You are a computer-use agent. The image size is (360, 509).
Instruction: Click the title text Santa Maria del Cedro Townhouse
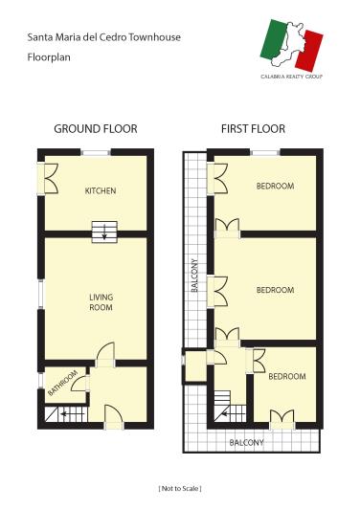[x=103, y=37]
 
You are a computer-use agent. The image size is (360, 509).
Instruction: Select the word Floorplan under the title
[x=48, y=57]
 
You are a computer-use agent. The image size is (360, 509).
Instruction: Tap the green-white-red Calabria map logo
[x=294, y=41]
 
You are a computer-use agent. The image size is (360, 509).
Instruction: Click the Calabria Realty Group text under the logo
[x=292, y=75]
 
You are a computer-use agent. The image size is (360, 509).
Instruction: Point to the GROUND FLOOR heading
[x=96, y=128]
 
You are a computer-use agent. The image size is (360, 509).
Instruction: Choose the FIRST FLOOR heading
[x=253, y=128]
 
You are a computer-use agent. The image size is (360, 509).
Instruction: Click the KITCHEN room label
[x=101, y=190]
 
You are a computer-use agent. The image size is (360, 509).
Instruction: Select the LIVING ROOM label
[x=101, y=302]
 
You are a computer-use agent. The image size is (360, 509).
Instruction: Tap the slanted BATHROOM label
[x=63, y=383]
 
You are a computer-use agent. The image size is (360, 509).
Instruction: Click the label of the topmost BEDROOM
[x=275, y=186]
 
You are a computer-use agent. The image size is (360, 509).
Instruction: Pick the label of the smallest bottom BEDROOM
[x=286, y=376]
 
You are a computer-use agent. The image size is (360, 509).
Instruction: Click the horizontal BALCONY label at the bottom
[x=246, y=442]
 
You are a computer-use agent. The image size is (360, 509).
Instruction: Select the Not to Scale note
[x=180, y=488]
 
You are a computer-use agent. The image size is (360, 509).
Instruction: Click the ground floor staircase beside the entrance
[x=65, y=414]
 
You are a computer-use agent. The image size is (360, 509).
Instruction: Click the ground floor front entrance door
[x=112, y=417]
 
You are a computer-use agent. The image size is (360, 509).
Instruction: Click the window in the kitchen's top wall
[x=96, y=151]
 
